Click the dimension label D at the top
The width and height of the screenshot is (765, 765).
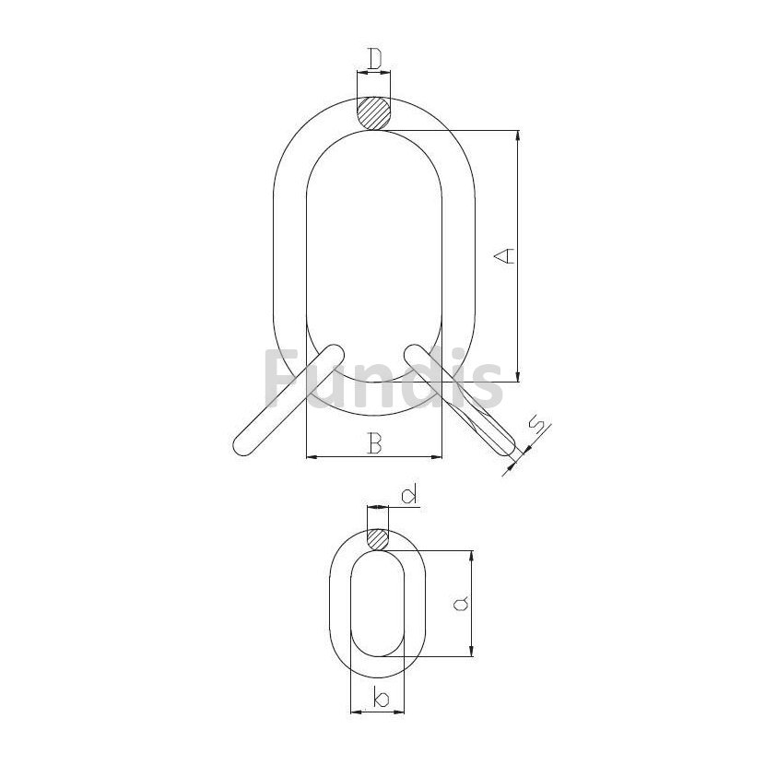pyautogui.click(x=374, y=59)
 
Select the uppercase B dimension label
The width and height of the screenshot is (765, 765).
pyautogui.click(x=374, y=443)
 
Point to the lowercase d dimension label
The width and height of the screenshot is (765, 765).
pyautogui.click(x=409, y=494)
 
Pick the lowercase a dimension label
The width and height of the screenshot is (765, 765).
pyautogui.click(x=461, y=604)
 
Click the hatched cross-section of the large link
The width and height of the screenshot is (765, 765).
pyautogui.click(x=374, y=113)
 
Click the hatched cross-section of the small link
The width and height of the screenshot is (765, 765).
pyautogui.click(x=378, y=540)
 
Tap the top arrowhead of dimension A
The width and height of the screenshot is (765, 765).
pyautogui.click(x=518, y=135)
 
